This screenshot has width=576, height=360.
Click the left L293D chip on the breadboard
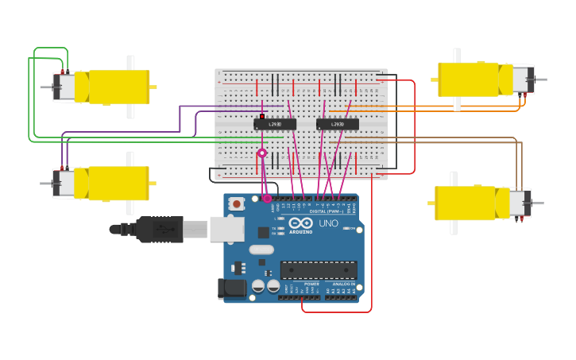click(275, 124)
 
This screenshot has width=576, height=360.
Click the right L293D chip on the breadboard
click(338, 124)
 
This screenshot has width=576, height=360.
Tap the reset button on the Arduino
click(236, 204)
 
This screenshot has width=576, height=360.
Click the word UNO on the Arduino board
click(328, 223)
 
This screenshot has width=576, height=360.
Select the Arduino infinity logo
click(300, 224)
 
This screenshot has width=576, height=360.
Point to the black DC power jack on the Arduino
click(232, 288)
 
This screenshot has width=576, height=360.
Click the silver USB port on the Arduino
click(226, 230)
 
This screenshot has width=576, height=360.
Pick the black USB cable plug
click(159, 229)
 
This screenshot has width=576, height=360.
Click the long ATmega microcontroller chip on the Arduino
click(318, 269)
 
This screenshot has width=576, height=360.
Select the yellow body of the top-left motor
click(119, 87)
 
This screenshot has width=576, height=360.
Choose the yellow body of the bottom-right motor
click(467, 203)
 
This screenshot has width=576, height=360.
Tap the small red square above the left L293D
click(261, 117)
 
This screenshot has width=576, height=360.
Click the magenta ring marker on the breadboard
click(261, 153)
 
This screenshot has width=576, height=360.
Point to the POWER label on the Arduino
click(311, 284)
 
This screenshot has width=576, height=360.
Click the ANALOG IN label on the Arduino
click(343, 284)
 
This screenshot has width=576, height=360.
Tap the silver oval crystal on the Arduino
click(261, 250)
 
